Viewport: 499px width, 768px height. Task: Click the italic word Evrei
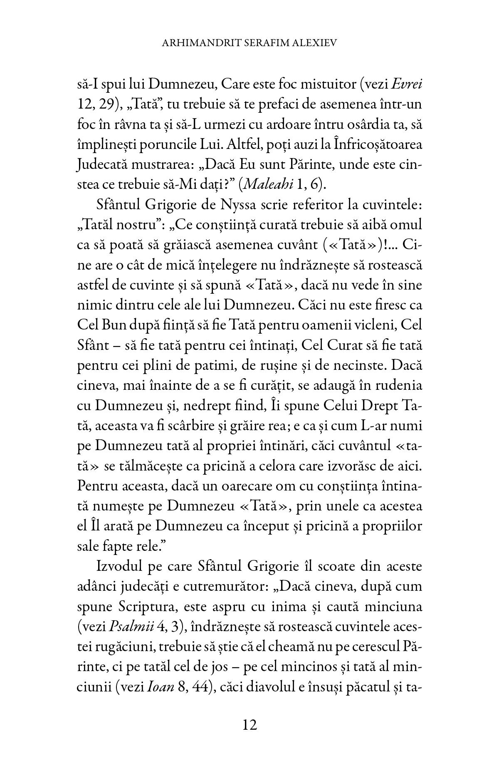pyautogui.click(x=407, y=84)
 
